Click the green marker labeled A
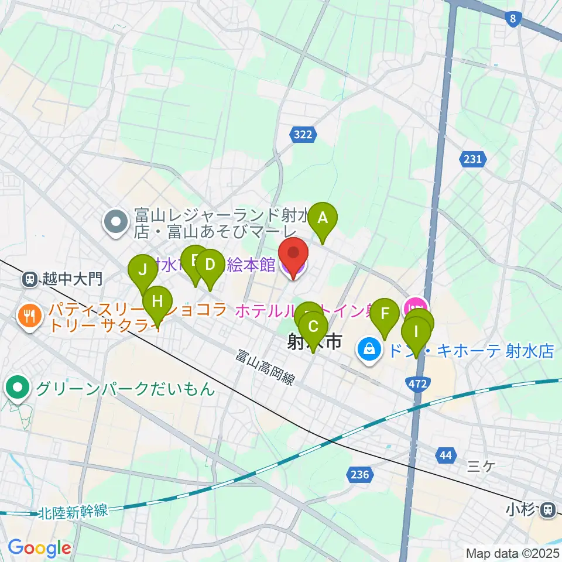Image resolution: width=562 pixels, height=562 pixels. coord(322,219)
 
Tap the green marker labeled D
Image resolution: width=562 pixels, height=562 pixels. coord(210,266)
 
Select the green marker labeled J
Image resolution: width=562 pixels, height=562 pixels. coord(142,270)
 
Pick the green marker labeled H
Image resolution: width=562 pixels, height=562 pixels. coord(157,302)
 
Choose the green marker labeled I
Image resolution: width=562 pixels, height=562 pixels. coord(416,333)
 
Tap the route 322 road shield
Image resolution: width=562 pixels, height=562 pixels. coord(303,135)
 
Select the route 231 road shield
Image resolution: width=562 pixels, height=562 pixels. coord(473,159)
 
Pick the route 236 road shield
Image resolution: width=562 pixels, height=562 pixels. coord(359,474)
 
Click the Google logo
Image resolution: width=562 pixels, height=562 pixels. coord(39,548)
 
